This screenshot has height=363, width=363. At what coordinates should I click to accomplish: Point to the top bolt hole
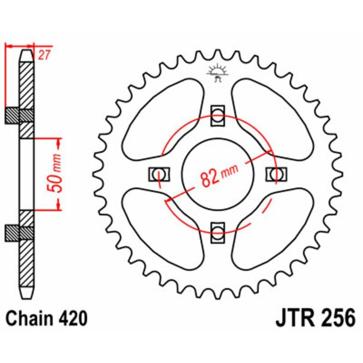218,115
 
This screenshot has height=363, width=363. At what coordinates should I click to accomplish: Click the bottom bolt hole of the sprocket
218,231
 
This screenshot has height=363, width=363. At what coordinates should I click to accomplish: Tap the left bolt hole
159,173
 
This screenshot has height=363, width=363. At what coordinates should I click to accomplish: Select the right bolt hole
276,173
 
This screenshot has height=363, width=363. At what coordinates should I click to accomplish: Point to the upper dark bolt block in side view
19,116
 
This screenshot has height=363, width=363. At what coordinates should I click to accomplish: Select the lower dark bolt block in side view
19,232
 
